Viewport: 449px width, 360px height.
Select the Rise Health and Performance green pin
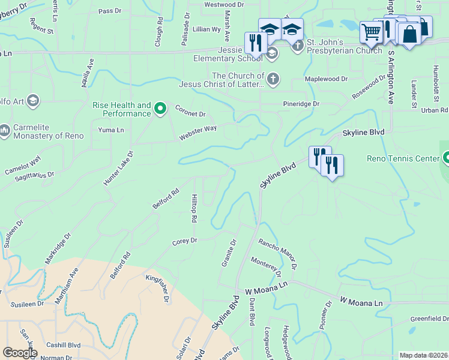coord(160,109)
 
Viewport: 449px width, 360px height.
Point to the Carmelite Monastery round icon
coord(4,130)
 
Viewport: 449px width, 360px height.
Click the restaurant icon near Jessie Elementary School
coord(256,43)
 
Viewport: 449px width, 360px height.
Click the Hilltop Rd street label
coord(194,208)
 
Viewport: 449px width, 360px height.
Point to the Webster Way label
coord(197,133)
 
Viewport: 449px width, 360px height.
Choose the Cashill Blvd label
coord(64,345)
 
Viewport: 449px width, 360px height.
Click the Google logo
coord(19,353)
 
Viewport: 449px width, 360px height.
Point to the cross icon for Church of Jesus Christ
coord(273,79)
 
